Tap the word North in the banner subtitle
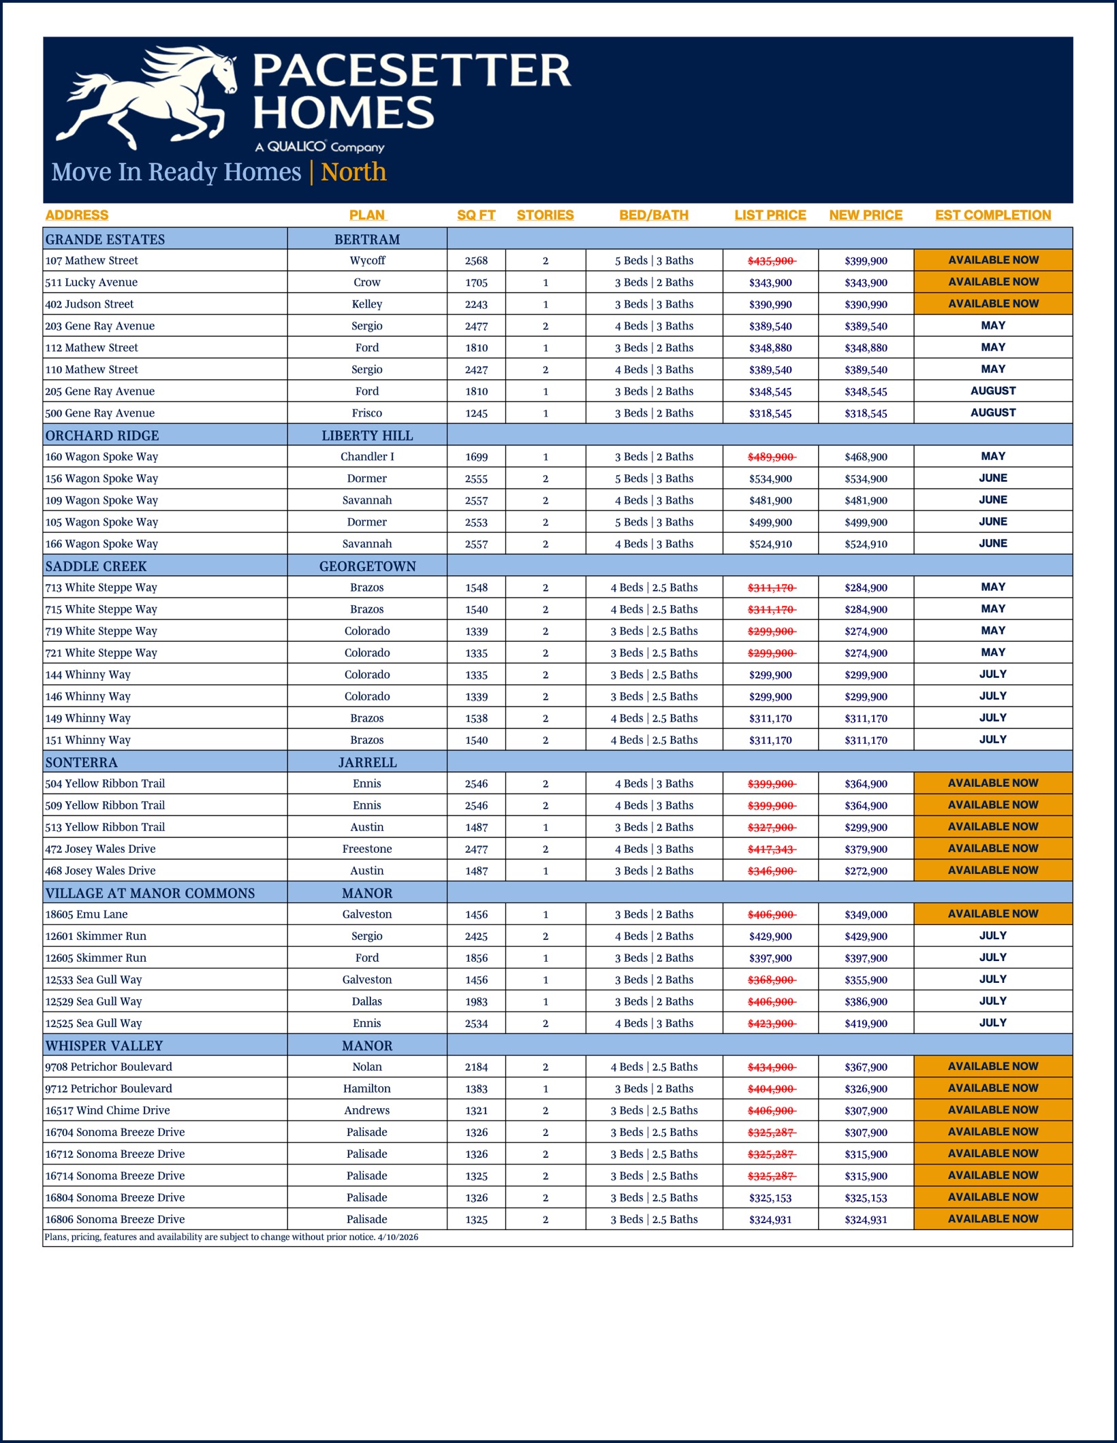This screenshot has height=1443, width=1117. [x=353, y=172]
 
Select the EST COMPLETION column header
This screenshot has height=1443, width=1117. [x=992, y=215]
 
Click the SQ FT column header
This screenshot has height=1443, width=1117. [x=476, y=215]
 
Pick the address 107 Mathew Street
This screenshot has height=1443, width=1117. [x=92, y=261]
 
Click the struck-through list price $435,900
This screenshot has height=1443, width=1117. [x=771, y=261]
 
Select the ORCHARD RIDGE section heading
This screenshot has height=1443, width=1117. [x=102, y=436]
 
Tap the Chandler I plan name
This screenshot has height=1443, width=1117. [x=367, y=457]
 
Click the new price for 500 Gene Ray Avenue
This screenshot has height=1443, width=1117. [x=866, y=413]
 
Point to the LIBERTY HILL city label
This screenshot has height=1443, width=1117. [x=367, y=436]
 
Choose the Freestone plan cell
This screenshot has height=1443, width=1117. [x=367, y=849]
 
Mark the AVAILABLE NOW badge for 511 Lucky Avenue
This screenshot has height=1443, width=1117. [x=993, y=282]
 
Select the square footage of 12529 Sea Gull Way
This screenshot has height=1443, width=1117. [x=476, y=1001]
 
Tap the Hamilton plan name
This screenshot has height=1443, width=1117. [x=367, y=1088]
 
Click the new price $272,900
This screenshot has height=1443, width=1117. [x=866, y=871]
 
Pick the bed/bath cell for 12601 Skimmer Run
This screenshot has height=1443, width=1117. [x=654, y=936]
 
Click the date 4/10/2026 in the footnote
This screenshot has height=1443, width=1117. [x=398, y=1237]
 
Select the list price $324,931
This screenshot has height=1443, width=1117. [x=770, y=1220]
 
